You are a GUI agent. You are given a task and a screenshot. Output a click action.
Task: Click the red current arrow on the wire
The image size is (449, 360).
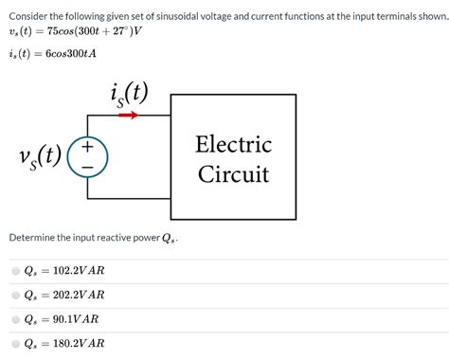click(x=129, y=117)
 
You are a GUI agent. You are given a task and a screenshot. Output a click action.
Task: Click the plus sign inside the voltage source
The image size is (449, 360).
click(x=87, y=148)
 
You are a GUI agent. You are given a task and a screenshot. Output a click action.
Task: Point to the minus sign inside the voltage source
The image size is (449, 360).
click(x=87, y=166)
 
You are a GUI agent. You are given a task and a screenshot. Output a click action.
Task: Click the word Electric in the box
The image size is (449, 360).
click(x=233, y=145)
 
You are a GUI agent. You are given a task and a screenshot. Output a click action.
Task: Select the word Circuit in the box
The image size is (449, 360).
click(x=233, y=174)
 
